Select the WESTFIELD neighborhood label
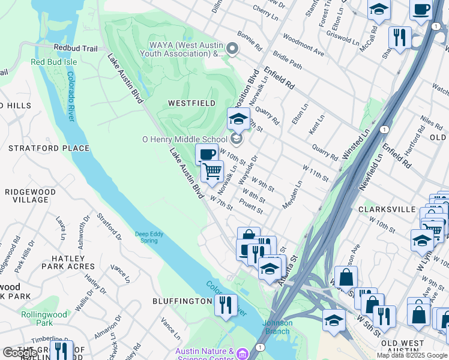[x=191, y=103]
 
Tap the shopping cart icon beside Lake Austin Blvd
[x=212, y=172]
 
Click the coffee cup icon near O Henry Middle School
[x=206, y=155]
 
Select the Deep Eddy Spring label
[x=146, y=237]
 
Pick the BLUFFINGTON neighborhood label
[x=182, y=301]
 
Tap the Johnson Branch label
[x=277, y=327]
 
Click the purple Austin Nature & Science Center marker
[x=243, y=353]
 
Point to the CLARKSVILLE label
[x=387, y=209]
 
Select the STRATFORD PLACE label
[x=49, y=148]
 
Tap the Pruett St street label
[x=251, y=207]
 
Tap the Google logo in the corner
[x=20, y=353]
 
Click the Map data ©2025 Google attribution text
[x=412, y=355]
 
